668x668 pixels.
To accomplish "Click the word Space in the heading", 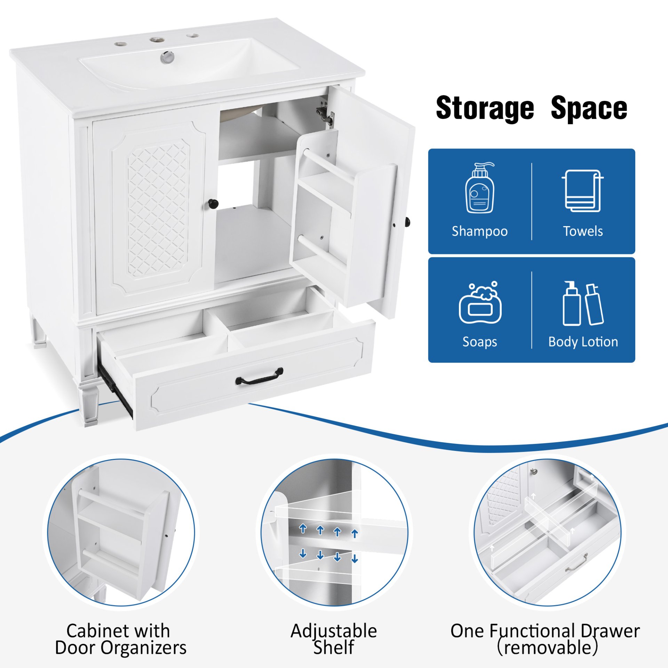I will [589, 109].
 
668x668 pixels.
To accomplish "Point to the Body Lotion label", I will [583, 342].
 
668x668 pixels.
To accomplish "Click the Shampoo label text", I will [479, 231].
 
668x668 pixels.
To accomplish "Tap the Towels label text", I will [583, 231].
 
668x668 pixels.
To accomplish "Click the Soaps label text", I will [479, 342].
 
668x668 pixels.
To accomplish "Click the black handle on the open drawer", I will [260, 376].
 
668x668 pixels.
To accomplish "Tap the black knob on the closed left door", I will [213, 203].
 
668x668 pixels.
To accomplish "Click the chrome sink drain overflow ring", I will [168, 57].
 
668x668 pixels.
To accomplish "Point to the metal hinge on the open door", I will [326, 113].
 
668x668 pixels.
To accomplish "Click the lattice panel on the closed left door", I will [158, 209].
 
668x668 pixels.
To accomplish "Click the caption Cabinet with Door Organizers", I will [120, 639].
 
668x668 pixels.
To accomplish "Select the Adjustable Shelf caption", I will [334, 639].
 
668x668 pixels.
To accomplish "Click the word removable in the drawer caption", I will [548, 648].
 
